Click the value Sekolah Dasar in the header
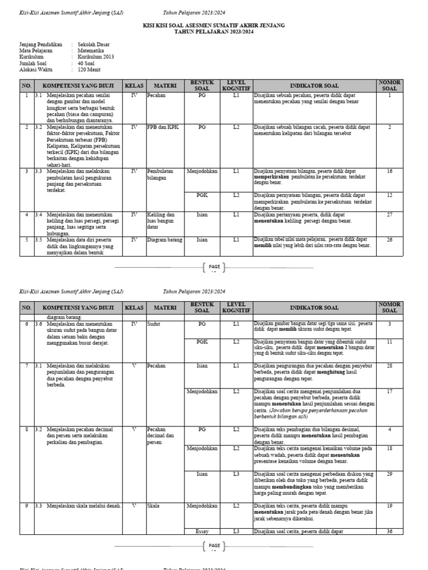93,43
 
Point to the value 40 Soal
87,63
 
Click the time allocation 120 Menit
89,70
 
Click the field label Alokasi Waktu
37,70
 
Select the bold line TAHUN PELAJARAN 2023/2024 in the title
214,32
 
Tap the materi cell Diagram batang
166,240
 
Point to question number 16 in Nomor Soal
390,171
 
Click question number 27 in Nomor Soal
390,214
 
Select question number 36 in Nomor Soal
390,531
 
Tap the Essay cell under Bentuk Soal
202,531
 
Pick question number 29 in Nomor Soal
390,474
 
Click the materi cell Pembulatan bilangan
160,174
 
